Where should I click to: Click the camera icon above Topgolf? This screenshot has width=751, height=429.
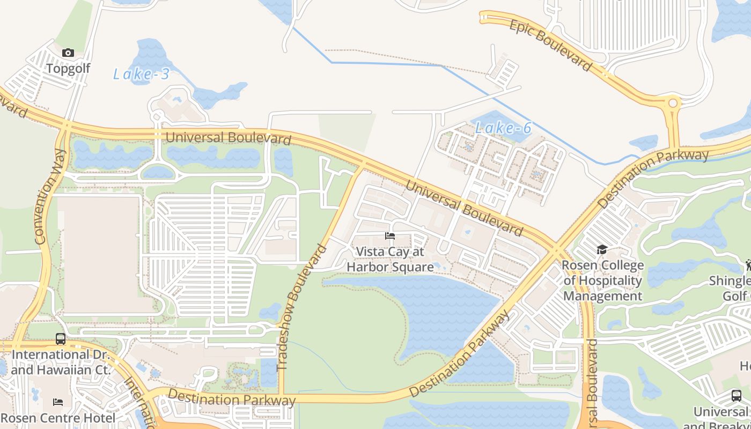pyautogui.click(x=68, y=53)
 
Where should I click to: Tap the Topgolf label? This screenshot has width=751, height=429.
pyautogui.click(x=68, y=69)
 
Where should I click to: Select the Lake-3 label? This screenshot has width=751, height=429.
pyautogui.click(x=141, y=74)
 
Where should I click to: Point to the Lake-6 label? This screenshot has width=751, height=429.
pyautogui.click(x=503, y=128)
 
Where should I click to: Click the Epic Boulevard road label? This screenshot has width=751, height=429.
pyautogui.click(x=550, y=45)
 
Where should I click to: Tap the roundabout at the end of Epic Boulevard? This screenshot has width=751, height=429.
pyautogui.click(x=672, y=103)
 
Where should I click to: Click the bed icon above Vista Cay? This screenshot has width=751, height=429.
pyautogui.click(x=390, y=236)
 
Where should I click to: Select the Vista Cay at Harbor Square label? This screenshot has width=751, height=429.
pyautogui.click(x=390, y=260)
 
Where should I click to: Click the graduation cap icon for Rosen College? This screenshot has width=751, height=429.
pyautogui.click(x=602, y=250)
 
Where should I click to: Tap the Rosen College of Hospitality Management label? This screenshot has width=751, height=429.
pyautogui.click(x=602, y=280)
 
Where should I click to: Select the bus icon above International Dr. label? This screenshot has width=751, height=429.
pyautogui.click(x=61, y=339)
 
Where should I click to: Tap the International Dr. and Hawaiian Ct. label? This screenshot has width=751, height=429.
pyautogui.click(x=61, y=362)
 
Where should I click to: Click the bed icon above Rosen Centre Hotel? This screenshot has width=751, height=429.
pyautogui.click(x=58, y=402)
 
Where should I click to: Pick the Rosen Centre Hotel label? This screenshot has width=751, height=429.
pyautogui.click(x=58, y=418)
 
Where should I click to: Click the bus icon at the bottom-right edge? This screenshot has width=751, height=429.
pyautogui.click(x=737, y=396)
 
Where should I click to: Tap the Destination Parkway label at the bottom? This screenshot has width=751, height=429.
pyautogui.click(x=232, y=397)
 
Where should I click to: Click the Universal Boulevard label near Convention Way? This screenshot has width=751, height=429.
pyautogui.click(x=228, y=138)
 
